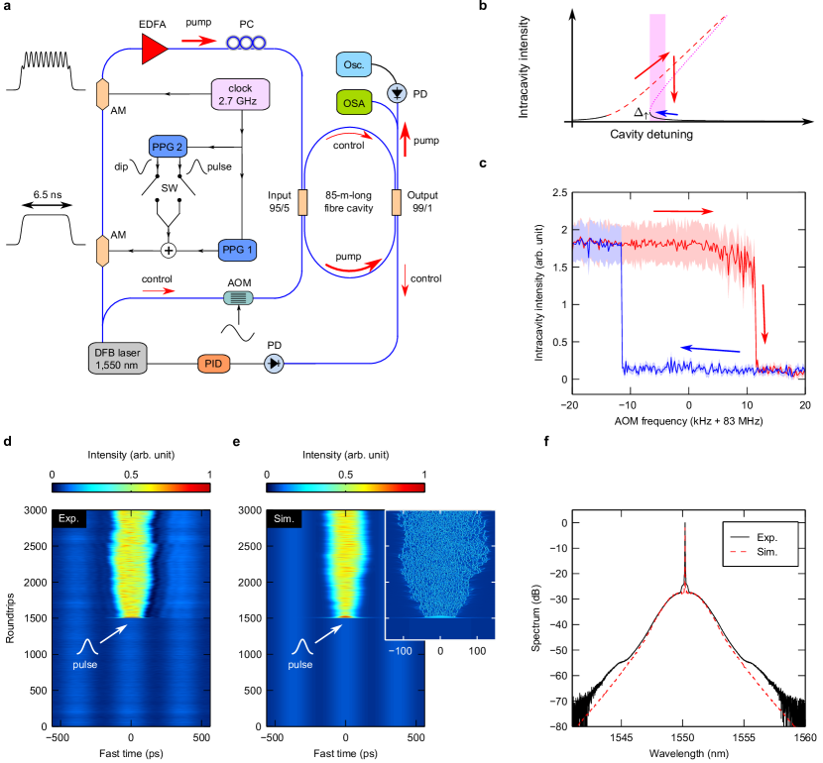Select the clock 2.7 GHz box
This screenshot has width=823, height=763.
[x=241, y=95]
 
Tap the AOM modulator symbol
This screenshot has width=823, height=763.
[x=236, y=295]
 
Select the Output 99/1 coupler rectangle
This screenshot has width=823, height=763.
[x=396, y=203]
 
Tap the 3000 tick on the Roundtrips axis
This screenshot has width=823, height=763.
[x=33, y=509]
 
